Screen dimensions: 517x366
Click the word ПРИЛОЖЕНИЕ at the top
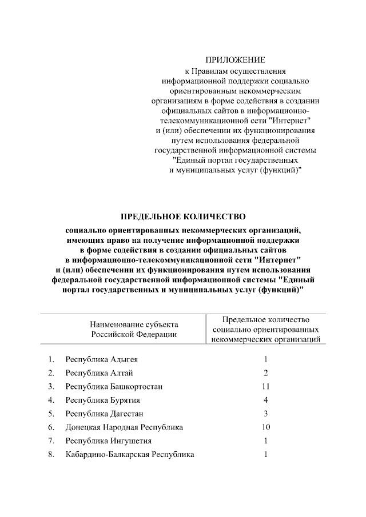pyautogui.click(x=236, y=60)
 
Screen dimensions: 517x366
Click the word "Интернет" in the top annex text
pyautogui.click(x=293, y=121)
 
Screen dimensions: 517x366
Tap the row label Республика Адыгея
pyautogui.click(x=102, y=359)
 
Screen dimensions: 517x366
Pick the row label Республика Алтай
pyautogui.click(x=100, y=373)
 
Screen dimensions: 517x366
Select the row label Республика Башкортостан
pyautogui.click(x=114, y=387)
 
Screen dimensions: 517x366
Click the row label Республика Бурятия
pyautogui.click(x=103, y=400)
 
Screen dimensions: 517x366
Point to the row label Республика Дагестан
pyautogui.click(x=104, y=414)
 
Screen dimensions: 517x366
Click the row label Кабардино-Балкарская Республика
pyautogui.click(x=130, y=455)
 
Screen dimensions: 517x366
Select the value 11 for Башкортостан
pyautogui.click(x=265, y=387)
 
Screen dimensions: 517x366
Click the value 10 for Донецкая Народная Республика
pyautogui.click(x=265, y=427)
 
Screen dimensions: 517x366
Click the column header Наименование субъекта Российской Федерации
pyautogui.click(x=134, y=328)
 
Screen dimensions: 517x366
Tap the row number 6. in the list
pyautogui.click(x=51, y=427)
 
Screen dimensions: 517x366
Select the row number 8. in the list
pyautogui.click(x=51, y=455)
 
